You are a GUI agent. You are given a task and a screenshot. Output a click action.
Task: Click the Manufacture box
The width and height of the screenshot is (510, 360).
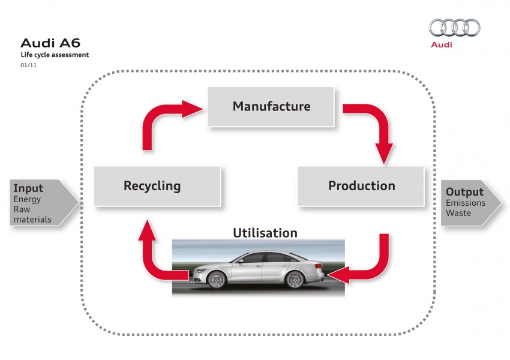point(271,107)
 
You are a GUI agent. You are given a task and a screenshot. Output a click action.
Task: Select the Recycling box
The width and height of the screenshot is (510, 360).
point(152,186)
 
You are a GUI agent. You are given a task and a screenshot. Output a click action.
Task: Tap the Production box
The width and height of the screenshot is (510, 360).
point(361,186)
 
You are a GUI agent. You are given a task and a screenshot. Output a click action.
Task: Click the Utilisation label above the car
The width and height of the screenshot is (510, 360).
point(265,232)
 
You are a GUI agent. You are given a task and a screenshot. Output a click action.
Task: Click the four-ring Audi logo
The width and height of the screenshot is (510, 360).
point(454,28)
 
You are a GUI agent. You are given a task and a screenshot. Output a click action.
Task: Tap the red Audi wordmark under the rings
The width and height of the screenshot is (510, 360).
point(441,45)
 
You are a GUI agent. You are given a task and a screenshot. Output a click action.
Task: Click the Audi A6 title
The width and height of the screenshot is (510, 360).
point(50,43)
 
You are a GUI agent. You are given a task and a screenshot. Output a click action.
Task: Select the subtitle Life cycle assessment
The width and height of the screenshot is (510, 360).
point(55,55)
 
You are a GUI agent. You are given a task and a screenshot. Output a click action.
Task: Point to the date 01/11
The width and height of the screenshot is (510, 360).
point(28,65)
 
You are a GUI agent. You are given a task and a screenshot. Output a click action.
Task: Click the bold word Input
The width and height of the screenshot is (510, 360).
point(29,188)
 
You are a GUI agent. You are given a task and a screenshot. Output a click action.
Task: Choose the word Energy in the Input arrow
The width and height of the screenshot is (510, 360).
point(28,200)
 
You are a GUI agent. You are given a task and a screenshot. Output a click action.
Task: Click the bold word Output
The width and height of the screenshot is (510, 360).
point(464,193)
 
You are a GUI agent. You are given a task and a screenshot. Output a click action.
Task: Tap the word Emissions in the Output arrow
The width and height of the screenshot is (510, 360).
point(466,204)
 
